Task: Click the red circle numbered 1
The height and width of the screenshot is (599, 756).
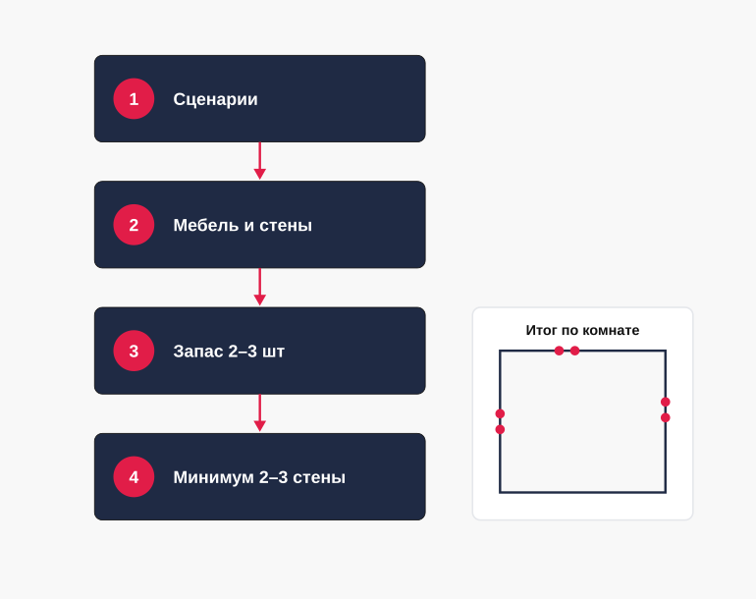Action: (134, 99)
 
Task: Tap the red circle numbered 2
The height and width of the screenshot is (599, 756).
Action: (134, 225)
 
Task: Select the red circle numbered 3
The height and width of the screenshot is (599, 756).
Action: (134, 351)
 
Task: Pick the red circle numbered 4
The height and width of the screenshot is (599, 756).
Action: (134, 476)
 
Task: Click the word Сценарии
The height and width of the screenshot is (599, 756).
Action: (216, 99)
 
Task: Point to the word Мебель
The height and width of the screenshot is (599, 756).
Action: (206, 225)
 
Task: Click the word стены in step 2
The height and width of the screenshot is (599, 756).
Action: (286, 225)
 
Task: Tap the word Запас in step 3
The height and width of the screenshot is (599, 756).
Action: (198, 352)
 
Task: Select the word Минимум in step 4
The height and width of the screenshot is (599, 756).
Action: (213, 477)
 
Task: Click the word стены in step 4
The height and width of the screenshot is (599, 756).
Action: (319, 477)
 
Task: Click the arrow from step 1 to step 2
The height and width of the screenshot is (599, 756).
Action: (260, 161)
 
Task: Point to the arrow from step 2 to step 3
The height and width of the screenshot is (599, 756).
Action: (260, 287)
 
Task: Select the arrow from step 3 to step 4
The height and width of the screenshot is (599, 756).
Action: (260, 412)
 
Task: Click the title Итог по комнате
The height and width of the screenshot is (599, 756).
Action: (582, 330)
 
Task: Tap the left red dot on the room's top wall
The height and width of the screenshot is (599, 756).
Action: (559, 351)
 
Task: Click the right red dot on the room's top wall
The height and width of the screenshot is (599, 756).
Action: (574, 351)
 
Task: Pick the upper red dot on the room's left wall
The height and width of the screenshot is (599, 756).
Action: (500, 413)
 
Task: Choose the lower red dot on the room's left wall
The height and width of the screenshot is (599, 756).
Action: (500, 429)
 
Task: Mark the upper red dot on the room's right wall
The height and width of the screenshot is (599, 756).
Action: (666, 402)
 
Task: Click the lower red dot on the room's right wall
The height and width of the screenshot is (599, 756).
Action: (666, 417)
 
